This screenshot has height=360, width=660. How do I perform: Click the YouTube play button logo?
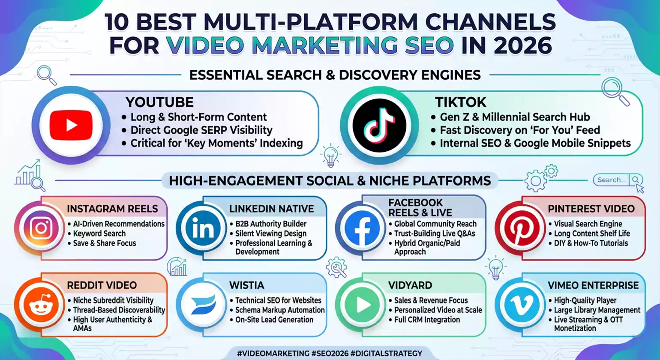pos(71,125)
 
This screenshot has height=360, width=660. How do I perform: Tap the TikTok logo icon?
pos(379,125)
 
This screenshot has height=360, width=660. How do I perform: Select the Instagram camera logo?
pos(41,228)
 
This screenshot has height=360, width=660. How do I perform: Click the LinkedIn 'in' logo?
pos(203,228)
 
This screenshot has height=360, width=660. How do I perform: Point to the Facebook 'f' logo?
pos(362,228)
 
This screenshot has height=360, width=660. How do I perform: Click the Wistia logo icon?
pos(203,305)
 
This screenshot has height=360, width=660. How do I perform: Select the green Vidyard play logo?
pos(362,305)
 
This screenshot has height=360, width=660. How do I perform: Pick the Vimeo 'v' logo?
pos(521,305)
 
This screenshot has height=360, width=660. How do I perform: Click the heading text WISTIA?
pos(246,285)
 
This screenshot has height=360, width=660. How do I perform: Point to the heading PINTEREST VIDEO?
pos(591,209)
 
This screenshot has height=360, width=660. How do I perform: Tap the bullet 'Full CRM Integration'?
pos(427,320)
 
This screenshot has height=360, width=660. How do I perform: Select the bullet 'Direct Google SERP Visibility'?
pos(201,130)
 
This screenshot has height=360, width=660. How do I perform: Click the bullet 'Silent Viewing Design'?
pos(271,234)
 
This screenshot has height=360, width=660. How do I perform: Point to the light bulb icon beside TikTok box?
pos(330,156)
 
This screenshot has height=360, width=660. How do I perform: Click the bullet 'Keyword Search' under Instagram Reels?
pos(99,234)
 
